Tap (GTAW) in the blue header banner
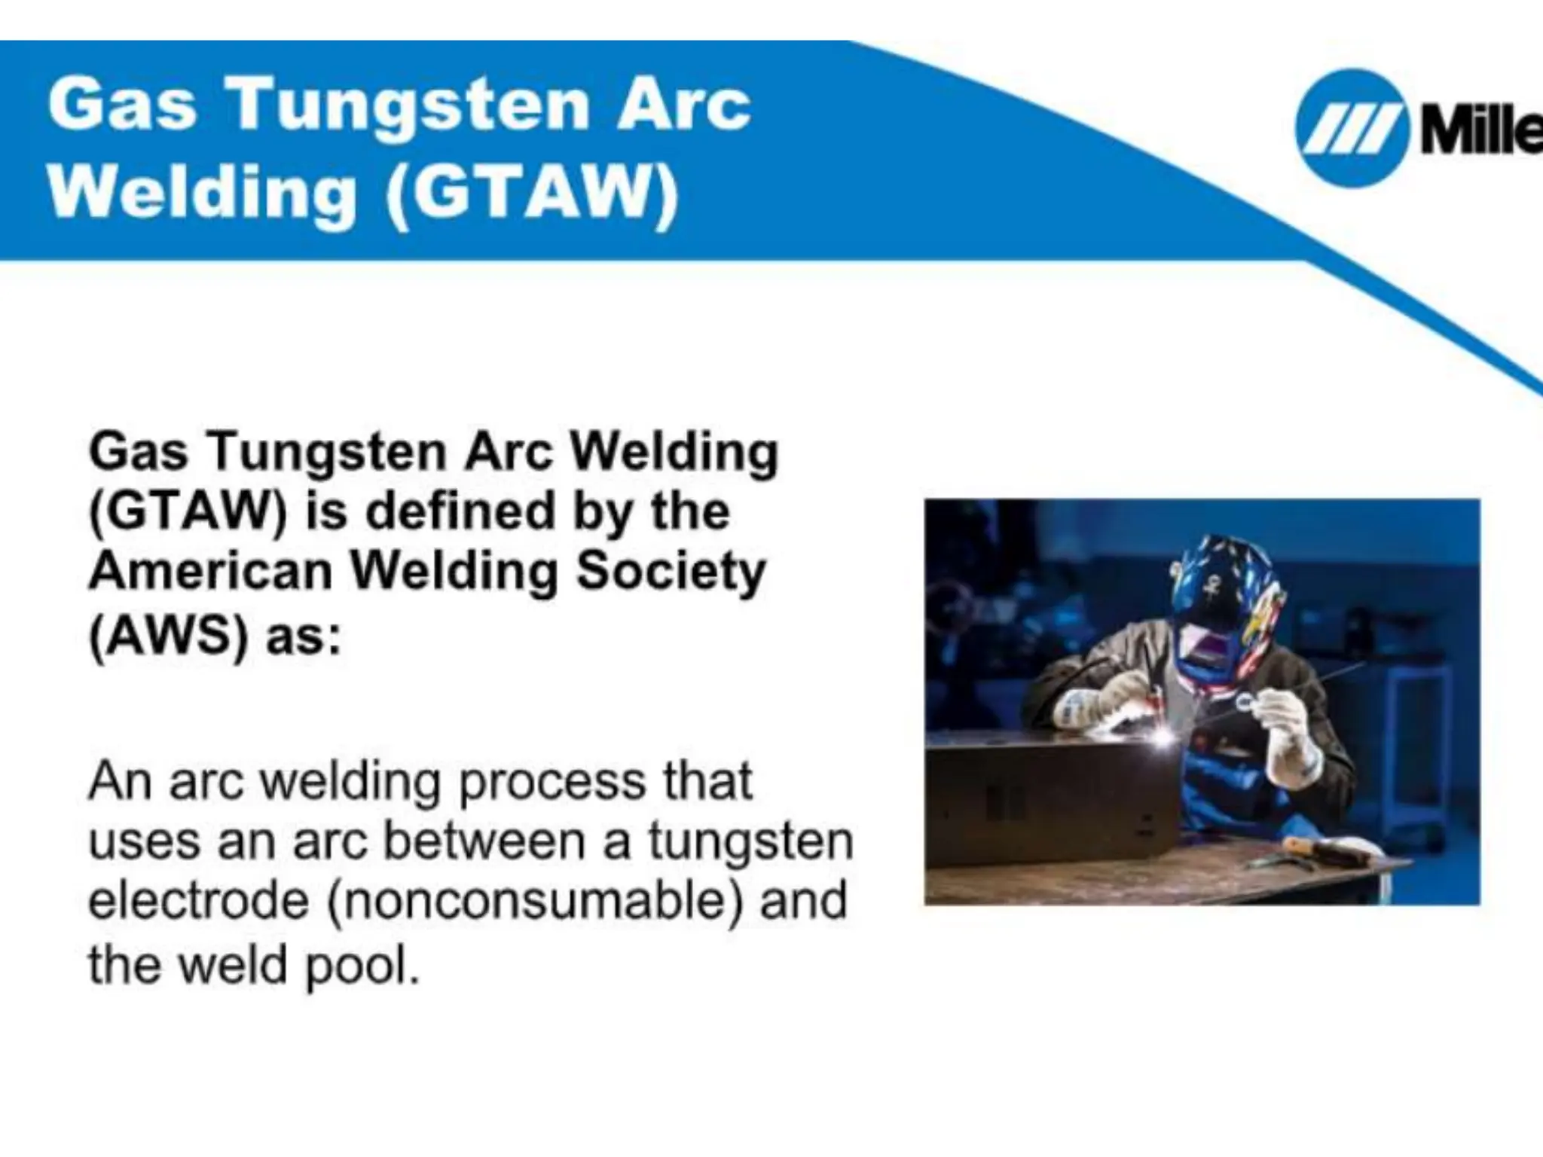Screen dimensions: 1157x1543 tap(531, 194)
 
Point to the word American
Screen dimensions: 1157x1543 tap(211, 572)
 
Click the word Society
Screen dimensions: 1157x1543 tap(671, 572)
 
